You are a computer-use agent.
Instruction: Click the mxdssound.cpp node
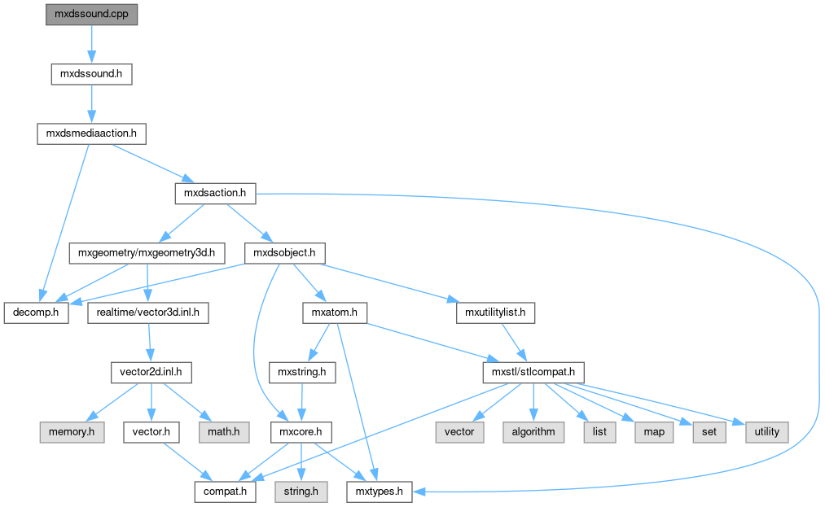(91, 15)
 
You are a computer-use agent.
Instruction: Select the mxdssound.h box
(91, 74)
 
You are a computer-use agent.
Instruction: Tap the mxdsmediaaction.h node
(91, 133)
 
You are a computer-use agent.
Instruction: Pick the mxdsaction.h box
(216, 193)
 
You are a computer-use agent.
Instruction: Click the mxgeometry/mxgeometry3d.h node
(147, 253)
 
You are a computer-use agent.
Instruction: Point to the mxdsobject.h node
(284, 253)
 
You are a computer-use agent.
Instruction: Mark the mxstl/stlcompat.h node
(533, 372)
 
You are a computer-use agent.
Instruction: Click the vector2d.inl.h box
(151, 372)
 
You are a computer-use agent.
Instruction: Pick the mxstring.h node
(301, 372)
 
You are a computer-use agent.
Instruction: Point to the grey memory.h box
(71, 431)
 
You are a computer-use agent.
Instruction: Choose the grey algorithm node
(533, 431)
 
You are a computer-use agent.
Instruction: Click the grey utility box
(766, 431)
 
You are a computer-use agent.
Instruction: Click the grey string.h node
(302, 491)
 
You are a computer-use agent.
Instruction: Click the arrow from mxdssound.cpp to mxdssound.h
(91, 44)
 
